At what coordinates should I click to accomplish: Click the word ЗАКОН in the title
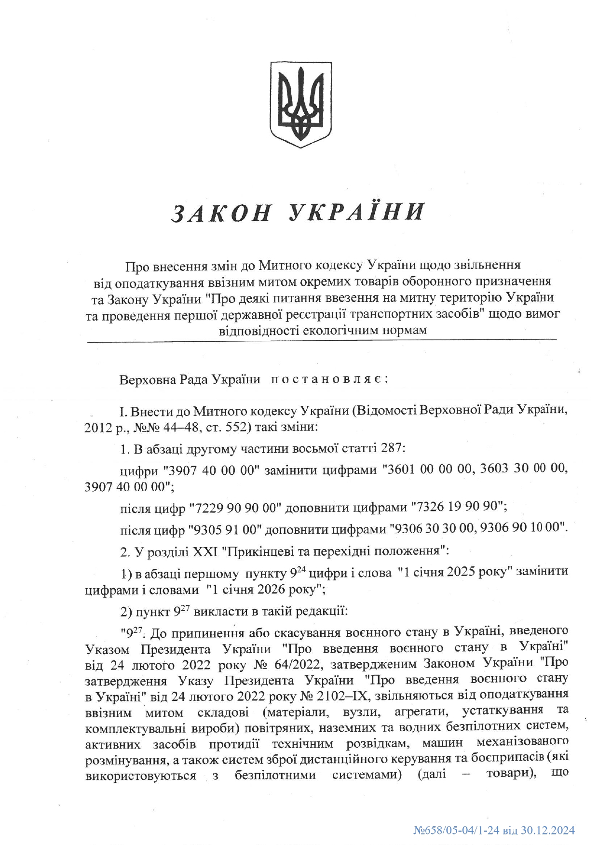[222, 213]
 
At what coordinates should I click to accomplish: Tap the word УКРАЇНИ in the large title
[357, 213]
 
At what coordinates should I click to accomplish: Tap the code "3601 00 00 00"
[427, 469]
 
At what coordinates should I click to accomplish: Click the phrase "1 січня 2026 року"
[264, 589]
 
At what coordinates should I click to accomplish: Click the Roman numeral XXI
[204, 550]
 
